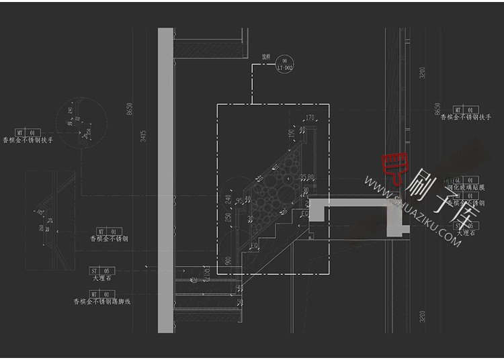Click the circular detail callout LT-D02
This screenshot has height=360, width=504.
(x=285, y=64)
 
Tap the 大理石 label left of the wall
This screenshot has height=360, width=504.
(x=103, y=277)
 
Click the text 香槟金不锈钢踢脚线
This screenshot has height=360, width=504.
(x=102, y=302)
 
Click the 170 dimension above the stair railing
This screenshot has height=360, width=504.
(x=310, y=118)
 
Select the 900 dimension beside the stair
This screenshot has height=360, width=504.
(x=229, y=261)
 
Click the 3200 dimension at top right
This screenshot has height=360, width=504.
(x=422, y=72)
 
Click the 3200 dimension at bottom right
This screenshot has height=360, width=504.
(x=422, y=316)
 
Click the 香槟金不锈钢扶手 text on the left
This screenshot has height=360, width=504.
(x=28, y=141)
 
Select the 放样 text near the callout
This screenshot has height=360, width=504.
(x=266, y=57)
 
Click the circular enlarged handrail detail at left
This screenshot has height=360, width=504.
(x=75, y=124)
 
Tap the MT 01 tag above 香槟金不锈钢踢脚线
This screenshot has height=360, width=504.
(x=103, y=294)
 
